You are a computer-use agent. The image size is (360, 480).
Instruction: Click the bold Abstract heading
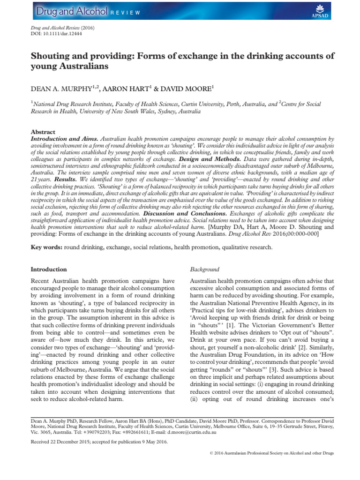[43, 132]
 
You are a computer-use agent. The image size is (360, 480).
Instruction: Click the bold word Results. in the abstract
[65, 179]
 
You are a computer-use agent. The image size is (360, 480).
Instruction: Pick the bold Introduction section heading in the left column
[49, 270]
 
